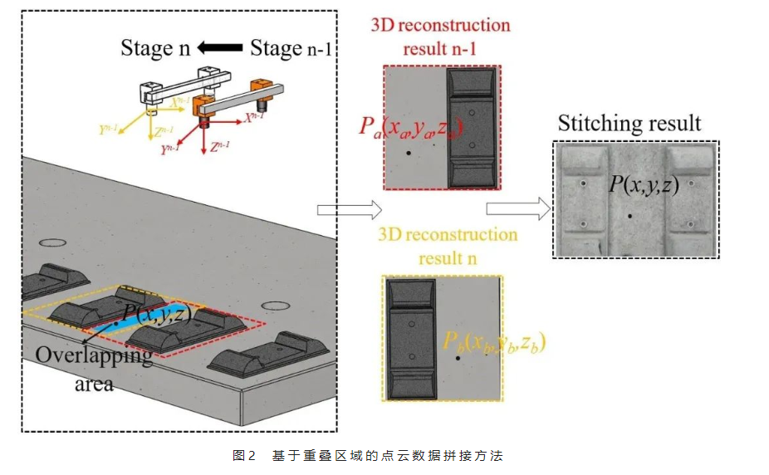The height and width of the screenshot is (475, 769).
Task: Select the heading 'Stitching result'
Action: [629, 124]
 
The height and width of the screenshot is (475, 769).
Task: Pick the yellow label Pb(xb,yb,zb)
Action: [493, 341]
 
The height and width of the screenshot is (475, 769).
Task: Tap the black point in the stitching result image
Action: [630, 216]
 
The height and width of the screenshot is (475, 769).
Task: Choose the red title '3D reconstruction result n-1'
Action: [440, 37]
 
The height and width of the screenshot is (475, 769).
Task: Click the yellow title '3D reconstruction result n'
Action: [447, 246]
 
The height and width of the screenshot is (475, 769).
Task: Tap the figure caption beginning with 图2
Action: [368, 455]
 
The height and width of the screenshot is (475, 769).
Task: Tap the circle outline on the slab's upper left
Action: [52, 243]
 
